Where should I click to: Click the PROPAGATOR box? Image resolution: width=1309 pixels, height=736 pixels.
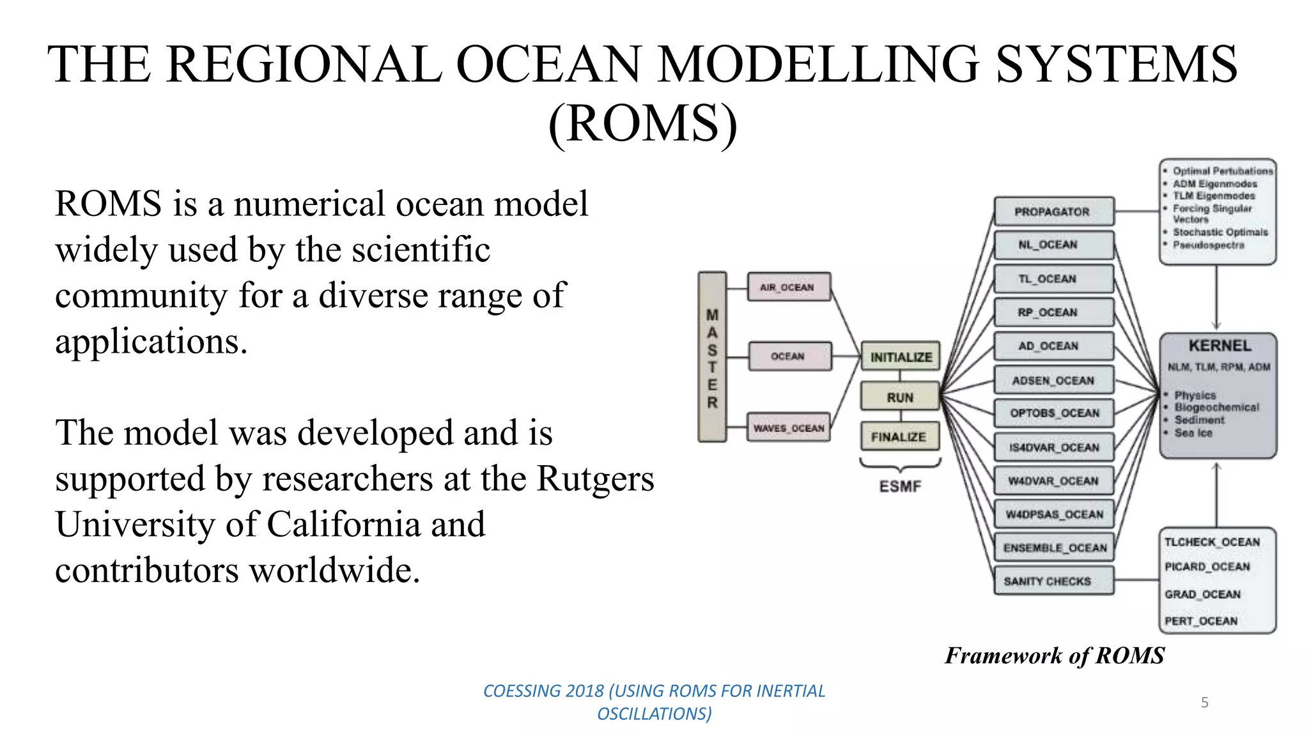[1053, 211]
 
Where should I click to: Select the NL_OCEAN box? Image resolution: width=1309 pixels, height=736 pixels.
[1053, 245]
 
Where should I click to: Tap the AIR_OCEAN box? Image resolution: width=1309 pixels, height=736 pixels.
[789, 287]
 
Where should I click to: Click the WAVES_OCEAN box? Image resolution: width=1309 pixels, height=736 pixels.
[789, 427]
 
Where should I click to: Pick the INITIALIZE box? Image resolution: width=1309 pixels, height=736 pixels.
[901, 357]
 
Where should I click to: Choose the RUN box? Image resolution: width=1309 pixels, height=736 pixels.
[900, 397]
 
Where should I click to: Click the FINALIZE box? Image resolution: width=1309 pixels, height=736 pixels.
[899, 437]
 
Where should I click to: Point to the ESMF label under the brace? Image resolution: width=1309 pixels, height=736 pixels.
[900, 486]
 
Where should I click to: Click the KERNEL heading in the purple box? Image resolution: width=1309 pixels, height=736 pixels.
[1220, 346]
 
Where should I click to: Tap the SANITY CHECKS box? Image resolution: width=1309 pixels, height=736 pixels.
[1053, 581]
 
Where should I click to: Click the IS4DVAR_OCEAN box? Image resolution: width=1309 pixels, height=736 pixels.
[1053, 447]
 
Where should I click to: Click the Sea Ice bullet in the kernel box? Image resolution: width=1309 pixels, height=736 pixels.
[1193, 433]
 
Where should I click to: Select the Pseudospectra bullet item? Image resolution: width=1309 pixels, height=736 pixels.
[1208, 245]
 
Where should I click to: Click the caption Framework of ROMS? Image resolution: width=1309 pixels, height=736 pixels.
[1055, 655]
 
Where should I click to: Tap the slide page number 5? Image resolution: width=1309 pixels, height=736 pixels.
[1205, 702]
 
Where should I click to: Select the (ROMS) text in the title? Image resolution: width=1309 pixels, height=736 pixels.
[643, 123]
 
